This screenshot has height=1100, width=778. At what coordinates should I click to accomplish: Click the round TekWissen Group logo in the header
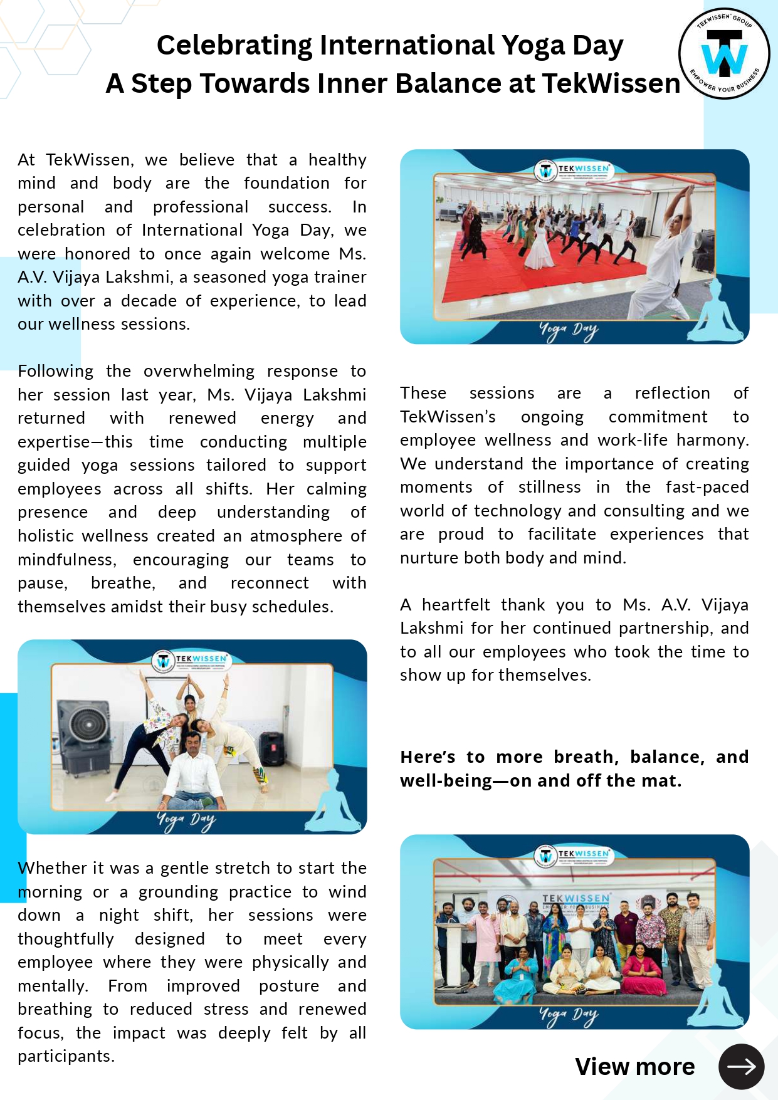click(724, 54)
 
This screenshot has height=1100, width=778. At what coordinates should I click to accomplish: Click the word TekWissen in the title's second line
click(611, 83)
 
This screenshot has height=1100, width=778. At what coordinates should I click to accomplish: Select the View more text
click(634, 1066)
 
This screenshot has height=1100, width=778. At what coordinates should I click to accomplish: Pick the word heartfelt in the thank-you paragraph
click(455, 605)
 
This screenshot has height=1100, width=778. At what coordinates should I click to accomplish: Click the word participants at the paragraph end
click(65, 1056)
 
